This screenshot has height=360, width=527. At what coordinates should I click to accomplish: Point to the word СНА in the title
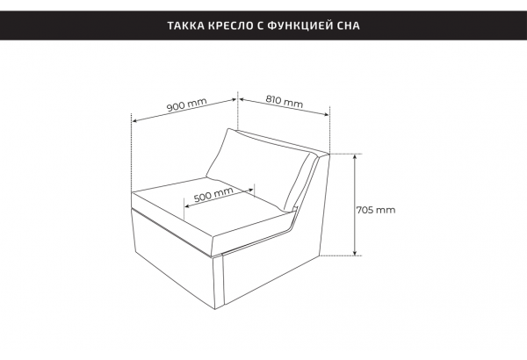[x=348, y=25]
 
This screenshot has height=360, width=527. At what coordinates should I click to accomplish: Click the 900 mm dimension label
[x=187, y=104]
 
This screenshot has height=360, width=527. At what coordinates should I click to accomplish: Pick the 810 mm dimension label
[x=285, y=101]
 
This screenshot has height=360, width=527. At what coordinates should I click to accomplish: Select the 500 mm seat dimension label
[x=213, y=194]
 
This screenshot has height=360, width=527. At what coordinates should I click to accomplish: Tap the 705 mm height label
[x=376, y=210]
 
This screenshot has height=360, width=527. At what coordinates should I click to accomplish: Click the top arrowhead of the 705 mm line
[x=355, y=156]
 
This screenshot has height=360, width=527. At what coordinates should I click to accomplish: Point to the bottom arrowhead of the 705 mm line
[x=355, y=253]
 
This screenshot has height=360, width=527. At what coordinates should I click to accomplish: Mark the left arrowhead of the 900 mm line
[x=134, y=120]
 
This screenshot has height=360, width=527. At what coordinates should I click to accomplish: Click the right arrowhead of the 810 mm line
[x=327, y=115]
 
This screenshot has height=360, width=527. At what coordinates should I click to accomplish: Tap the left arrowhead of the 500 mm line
[x=187, y=205]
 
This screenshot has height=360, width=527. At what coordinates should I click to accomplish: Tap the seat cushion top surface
[x=208, y=205]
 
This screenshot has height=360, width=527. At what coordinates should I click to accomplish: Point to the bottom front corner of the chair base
[x=215, y=309]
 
